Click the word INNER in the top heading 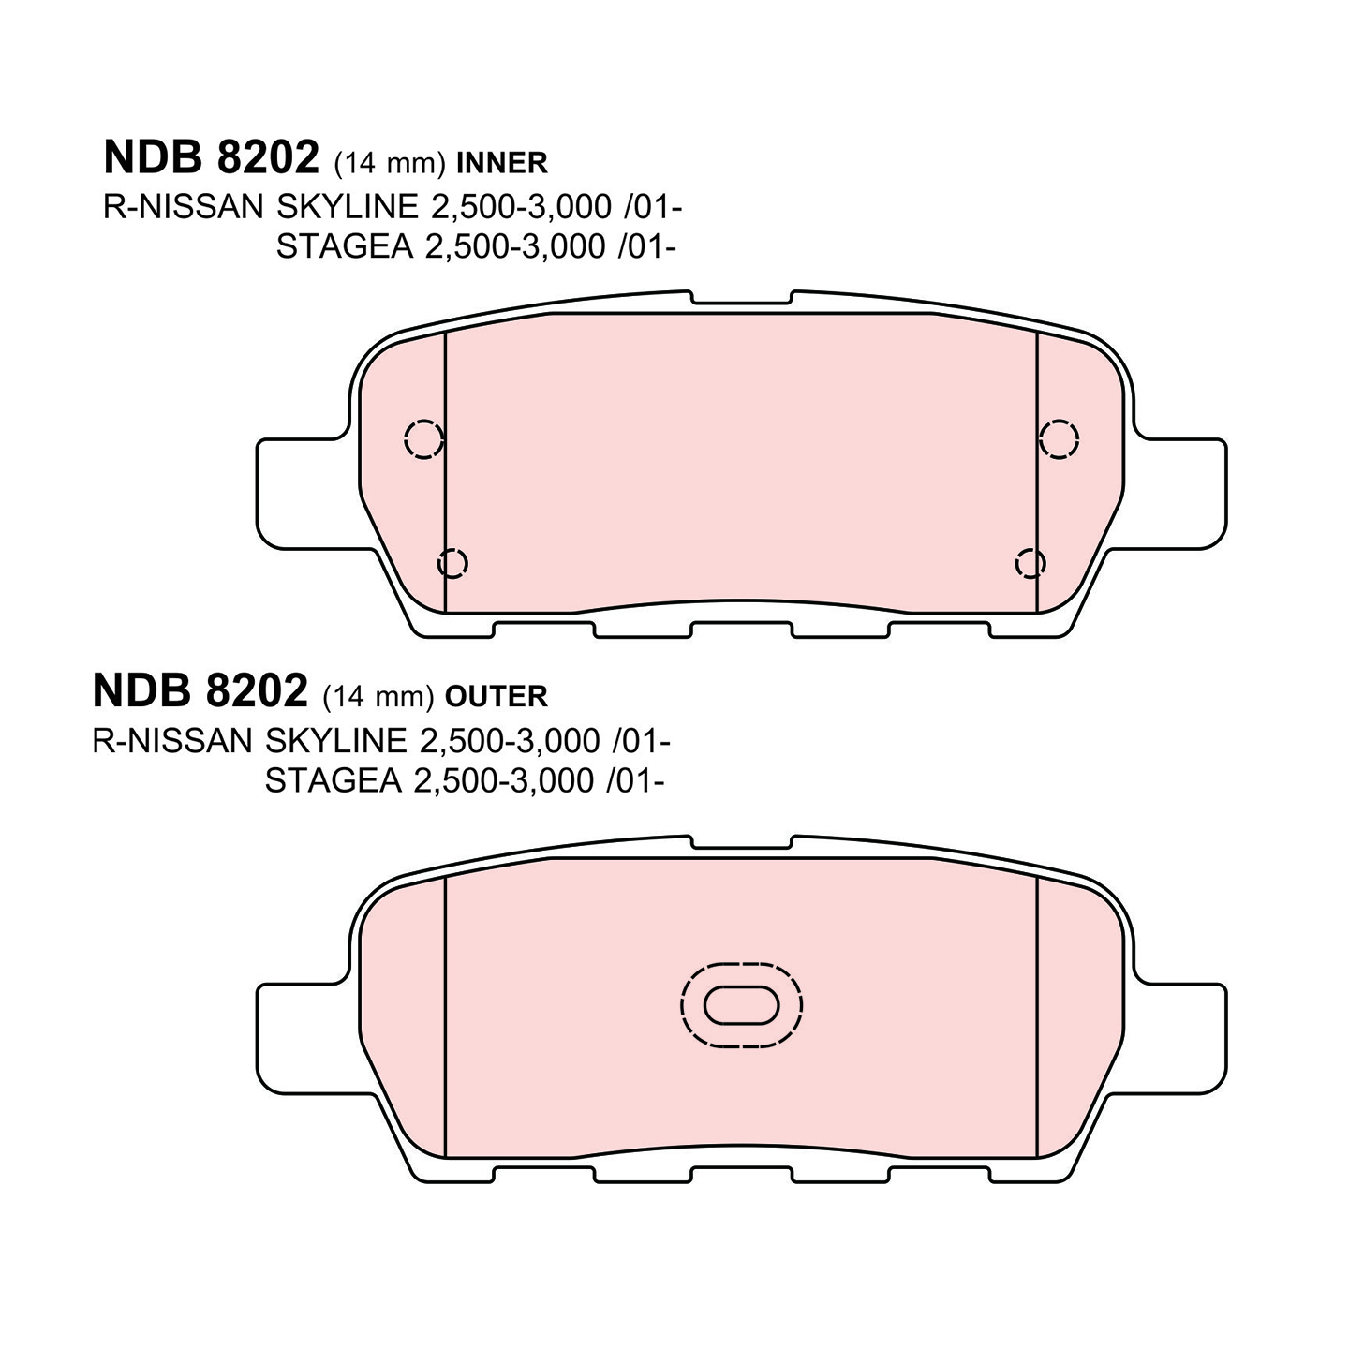click(502, 163)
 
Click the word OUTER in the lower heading click(497, 697)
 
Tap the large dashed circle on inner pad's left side click(424, 439)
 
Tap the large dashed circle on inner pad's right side click(1059, 439)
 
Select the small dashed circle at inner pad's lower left click(452, 562)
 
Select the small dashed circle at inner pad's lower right click(1030, 562)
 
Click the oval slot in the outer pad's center click(741, 1005)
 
